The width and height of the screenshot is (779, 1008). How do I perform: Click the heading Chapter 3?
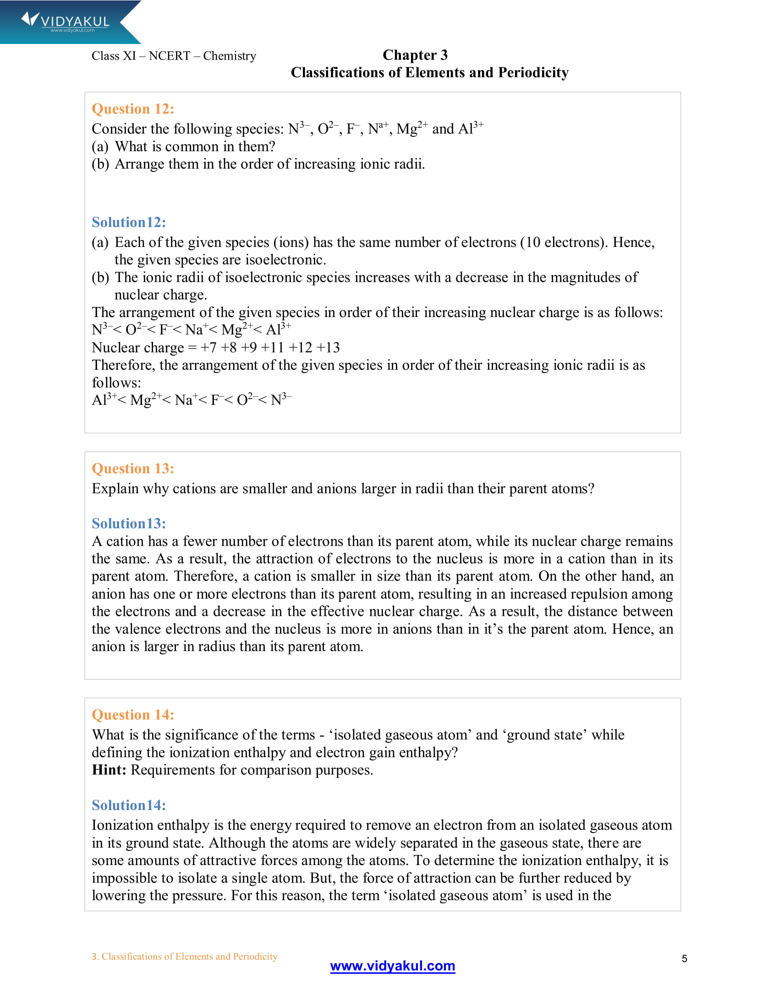coord(414,55)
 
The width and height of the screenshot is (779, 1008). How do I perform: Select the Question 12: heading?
coord(133,109)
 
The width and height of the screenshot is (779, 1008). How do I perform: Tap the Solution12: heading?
coord(129,223)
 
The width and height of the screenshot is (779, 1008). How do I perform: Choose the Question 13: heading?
coord(133,468)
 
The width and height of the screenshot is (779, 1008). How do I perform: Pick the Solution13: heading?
coord(129,523)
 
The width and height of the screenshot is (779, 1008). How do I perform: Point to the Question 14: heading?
coord(133,714)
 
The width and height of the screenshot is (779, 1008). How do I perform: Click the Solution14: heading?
coord(129,805)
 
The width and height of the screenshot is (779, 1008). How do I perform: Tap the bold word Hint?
coord(109,770)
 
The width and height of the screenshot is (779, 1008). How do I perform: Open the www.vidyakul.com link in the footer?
coord(392,966)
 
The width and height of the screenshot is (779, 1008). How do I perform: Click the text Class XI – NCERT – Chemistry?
coord(174,56)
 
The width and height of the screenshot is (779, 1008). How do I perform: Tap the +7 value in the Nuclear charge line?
coord(208,348)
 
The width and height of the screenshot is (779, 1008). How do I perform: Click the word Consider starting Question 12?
coord(119,129)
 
